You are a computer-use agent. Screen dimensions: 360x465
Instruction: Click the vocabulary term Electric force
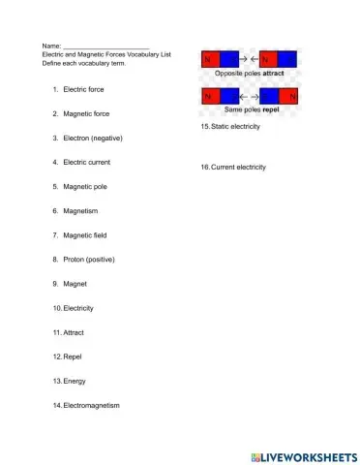coord(83,89)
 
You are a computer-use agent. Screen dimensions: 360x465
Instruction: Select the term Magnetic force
coord(86,113)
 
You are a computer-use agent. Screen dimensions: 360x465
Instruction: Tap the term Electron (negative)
coord(93,138)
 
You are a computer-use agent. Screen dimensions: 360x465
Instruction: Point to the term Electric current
coord(87,162)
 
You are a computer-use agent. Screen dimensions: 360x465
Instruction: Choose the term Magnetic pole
coord(85,186)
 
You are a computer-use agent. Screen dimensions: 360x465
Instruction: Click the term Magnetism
coord(80,210)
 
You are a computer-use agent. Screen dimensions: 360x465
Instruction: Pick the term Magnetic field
coord(85,235)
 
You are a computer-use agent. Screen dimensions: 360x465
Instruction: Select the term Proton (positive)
coord(89,260)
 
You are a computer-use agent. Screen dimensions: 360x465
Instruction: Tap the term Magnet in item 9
coord(75,284)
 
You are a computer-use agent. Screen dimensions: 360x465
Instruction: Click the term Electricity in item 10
coord(77,308)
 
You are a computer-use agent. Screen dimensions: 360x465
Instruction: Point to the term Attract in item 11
coord(74,332)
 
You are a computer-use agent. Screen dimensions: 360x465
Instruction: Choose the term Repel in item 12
coord(73,356)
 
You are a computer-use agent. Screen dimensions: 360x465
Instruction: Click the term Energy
coord(75,381)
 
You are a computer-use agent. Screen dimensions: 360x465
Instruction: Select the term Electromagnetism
coord(91,405)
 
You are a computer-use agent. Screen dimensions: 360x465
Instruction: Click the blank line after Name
coord(105,46)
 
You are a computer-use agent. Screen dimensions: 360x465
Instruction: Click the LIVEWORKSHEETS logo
coord(303,455)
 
